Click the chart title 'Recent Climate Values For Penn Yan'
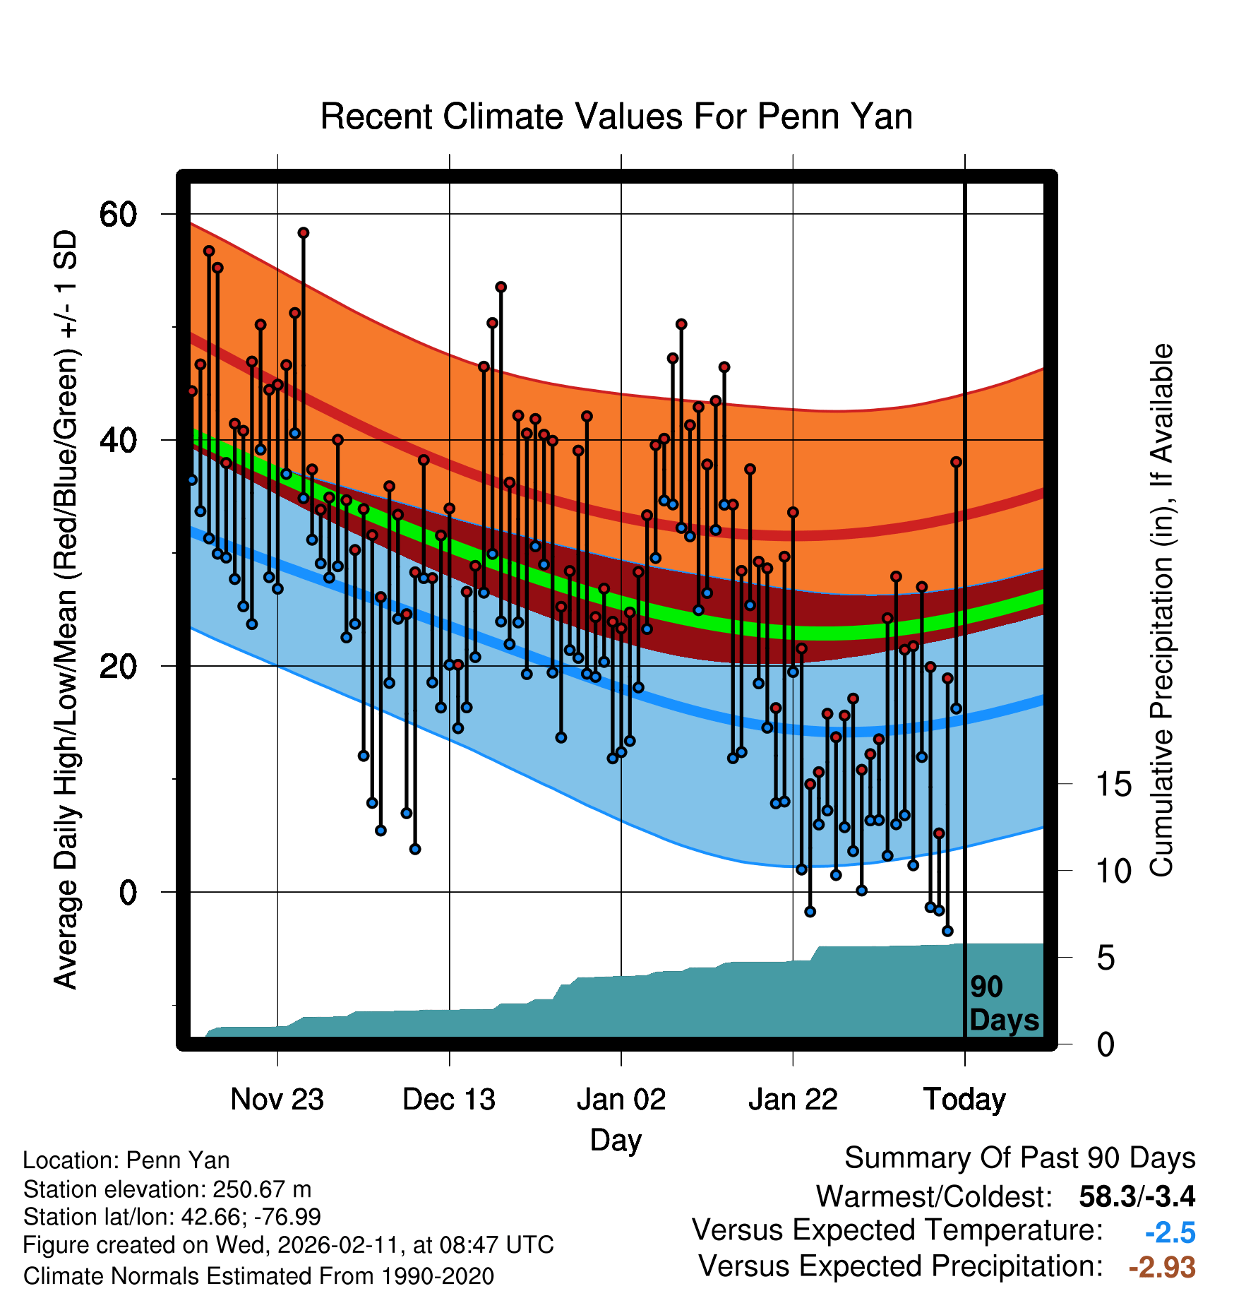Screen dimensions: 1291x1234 (x=616, y=117)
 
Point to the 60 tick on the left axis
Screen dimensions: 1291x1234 (x=118, y=214)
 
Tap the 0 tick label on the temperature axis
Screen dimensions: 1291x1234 (x=128, y=893)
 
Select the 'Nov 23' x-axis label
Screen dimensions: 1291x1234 (x=277, y=1099)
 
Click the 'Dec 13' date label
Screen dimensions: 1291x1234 (x=449, y=1099)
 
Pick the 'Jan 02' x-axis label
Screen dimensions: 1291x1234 (x=621, y=1099)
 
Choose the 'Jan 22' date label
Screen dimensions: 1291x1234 (x=793, y=1099)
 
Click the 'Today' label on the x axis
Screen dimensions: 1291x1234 (x=964, y=1099)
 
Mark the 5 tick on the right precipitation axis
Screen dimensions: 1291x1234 (x=1106, y=958)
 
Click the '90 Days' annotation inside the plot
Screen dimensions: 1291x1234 (x=1003, y=1004)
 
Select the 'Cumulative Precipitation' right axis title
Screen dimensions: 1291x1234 (x=1161, y=611)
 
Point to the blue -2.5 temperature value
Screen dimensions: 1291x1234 (x=1170, y=1233)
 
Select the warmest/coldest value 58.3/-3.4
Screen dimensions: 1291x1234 (x=1137, y=1196)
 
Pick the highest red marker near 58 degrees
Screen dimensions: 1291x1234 (x=304, y=233)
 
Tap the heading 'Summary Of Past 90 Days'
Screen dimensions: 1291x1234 (x=1019, y=1158)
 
